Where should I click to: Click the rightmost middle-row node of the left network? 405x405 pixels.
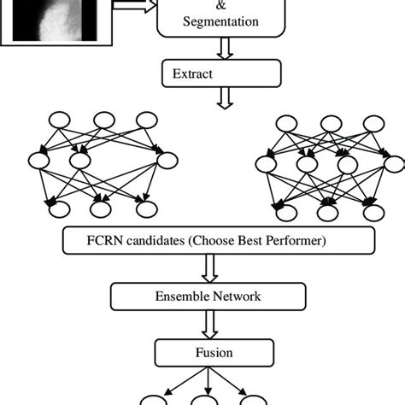point(166,158)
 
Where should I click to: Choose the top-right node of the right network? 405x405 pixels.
point(373,123)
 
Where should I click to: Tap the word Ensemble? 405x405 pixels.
point(182,296)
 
